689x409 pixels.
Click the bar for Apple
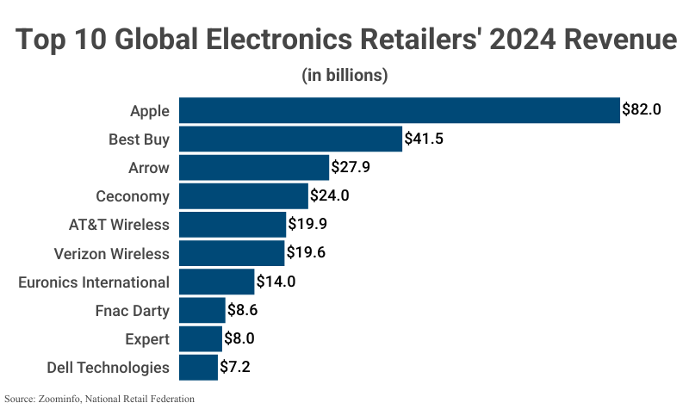399,110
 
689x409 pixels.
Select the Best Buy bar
290,139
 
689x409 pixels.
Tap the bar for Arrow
253,167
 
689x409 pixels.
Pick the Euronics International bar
216,282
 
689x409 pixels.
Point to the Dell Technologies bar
198,367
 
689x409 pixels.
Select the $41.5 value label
424,139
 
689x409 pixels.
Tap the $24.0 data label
329,196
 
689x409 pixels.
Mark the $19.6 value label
306,253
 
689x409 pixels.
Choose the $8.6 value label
245,310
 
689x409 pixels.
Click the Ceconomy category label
133,196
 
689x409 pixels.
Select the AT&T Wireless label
119,225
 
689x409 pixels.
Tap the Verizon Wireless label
111,253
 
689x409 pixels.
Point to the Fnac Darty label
133,310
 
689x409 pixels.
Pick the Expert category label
146,338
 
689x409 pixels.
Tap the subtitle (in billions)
344,76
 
